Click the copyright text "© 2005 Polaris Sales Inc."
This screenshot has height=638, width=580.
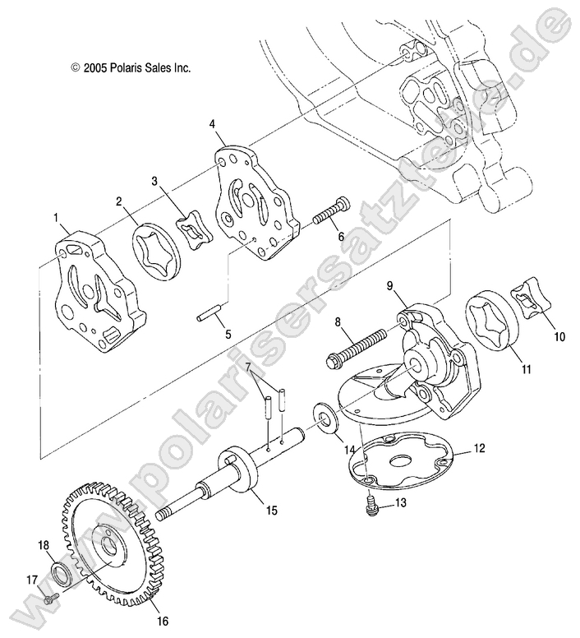[x=131, y=69]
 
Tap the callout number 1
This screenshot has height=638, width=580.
[x=57, y=218]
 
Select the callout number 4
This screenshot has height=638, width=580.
[x=212, y=124]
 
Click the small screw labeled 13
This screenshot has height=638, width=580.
[x=369, y=509]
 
